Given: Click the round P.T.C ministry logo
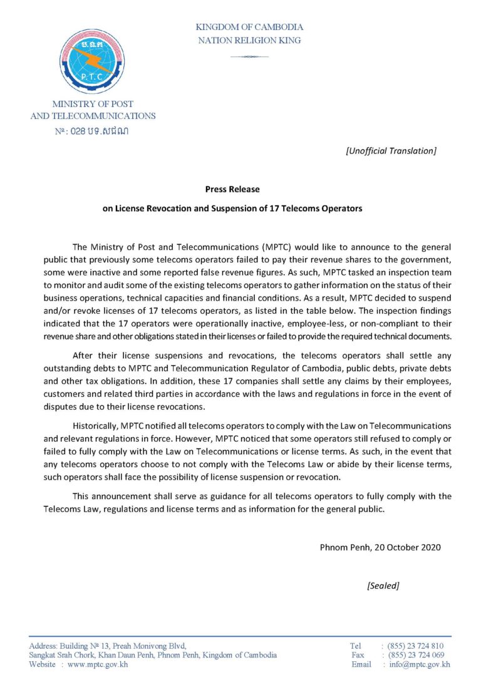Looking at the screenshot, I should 93,60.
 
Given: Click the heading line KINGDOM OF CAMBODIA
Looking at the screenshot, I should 249,27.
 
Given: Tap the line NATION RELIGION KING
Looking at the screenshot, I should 249,40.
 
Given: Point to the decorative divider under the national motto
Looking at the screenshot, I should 249,56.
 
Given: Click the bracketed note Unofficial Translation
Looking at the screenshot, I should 390,150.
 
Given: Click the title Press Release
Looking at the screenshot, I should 232,188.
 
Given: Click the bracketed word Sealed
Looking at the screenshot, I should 383,585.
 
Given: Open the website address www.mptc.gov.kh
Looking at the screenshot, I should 98,664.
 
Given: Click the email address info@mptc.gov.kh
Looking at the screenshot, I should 419,664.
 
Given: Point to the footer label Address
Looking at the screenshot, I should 42,646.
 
